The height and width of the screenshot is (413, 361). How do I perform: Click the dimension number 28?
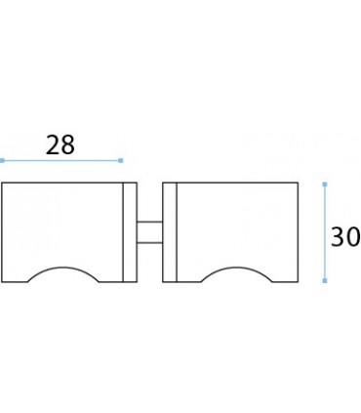[x=60, y=145]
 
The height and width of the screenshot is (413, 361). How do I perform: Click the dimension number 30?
[x=345, y=236]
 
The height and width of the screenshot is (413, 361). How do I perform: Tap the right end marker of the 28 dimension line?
[x=121, y=160]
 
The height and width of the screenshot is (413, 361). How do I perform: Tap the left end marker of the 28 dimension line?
[x=2, y=160]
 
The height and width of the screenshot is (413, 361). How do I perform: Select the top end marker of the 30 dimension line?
[x=325, y=185]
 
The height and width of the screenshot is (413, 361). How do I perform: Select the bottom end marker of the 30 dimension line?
[x=325, y=280]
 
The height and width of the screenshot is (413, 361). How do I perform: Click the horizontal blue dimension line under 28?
[x=61, y=160]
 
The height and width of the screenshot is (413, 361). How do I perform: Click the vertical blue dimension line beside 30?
[x=325, y=232]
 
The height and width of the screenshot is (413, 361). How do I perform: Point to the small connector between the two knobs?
[x=149, y=232]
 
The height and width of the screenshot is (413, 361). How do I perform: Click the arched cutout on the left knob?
[x=63, y=268]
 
